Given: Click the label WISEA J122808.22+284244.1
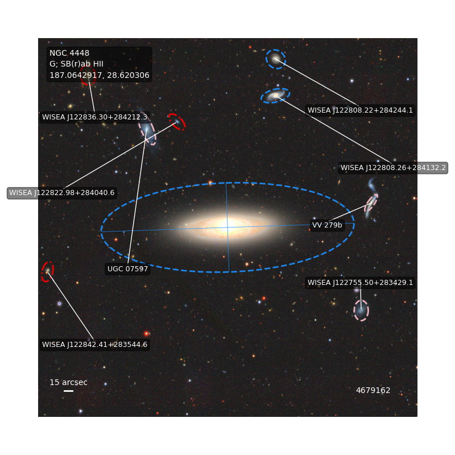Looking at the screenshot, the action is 360,110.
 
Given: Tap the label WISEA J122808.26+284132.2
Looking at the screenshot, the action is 393,168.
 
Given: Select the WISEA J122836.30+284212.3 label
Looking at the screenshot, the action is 94,117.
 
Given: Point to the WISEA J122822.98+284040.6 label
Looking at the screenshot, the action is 62,193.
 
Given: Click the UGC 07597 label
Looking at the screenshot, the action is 127,268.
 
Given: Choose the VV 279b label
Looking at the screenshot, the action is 327,225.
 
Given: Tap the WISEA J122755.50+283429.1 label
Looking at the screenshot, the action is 360,282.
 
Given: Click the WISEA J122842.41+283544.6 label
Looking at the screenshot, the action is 94,345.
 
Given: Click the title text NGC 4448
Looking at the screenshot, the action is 69,53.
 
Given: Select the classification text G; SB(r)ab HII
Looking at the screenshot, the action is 76,64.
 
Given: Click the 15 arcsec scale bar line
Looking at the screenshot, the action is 68,391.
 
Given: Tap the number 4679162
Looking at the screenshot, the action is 373,390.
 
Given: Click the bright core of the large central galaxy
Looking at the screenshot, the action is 226,226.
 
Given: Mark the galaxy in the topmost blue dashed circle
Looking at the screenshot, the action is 275,60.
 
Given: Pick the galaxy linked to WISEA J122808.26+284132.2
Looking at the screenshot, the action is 275,96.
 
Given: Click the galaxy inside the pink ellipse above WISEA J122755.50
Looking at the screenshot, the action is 361,311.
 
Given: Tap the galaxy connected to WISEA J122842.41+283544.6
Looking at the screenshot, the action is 47,271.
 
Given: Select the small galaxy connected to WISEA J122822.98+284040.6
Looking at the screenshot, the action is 177,122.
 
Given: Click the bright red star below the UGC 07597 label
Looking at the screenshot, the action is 146,333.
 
